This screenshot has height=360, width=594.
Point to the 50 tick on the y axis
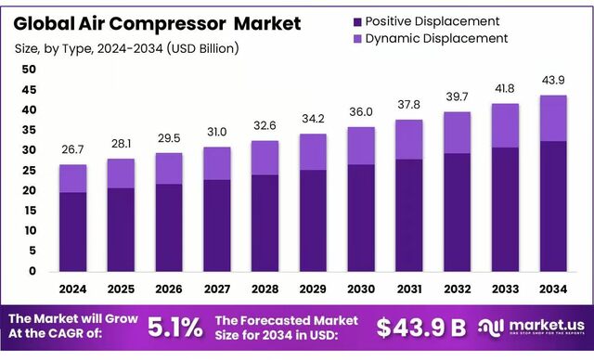point(28,70)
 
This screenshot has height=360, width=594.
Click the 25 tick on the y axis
point(28,171)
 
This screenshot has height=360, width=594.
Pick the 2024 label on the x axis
point(73,289)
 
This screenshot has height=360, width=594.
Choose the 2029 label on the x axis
point(313,289)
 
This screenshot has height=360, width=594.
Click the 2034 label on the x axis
point(553,289)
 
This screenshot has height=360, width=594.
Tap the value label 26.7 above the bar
point(73,150)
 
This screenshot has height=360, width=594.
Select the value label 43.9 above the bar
point(553,81)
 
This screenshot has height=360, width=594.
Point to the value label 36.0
point(361,112)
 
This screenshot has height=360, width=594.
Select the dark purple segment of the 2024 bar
point(73,232)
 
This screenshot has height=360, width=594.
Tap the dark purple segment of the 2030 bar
point(361,218)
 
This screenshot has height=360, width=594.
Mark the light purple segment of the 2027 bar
point(217,163)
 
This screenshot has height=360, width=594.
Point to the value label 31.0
point(217,133)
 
